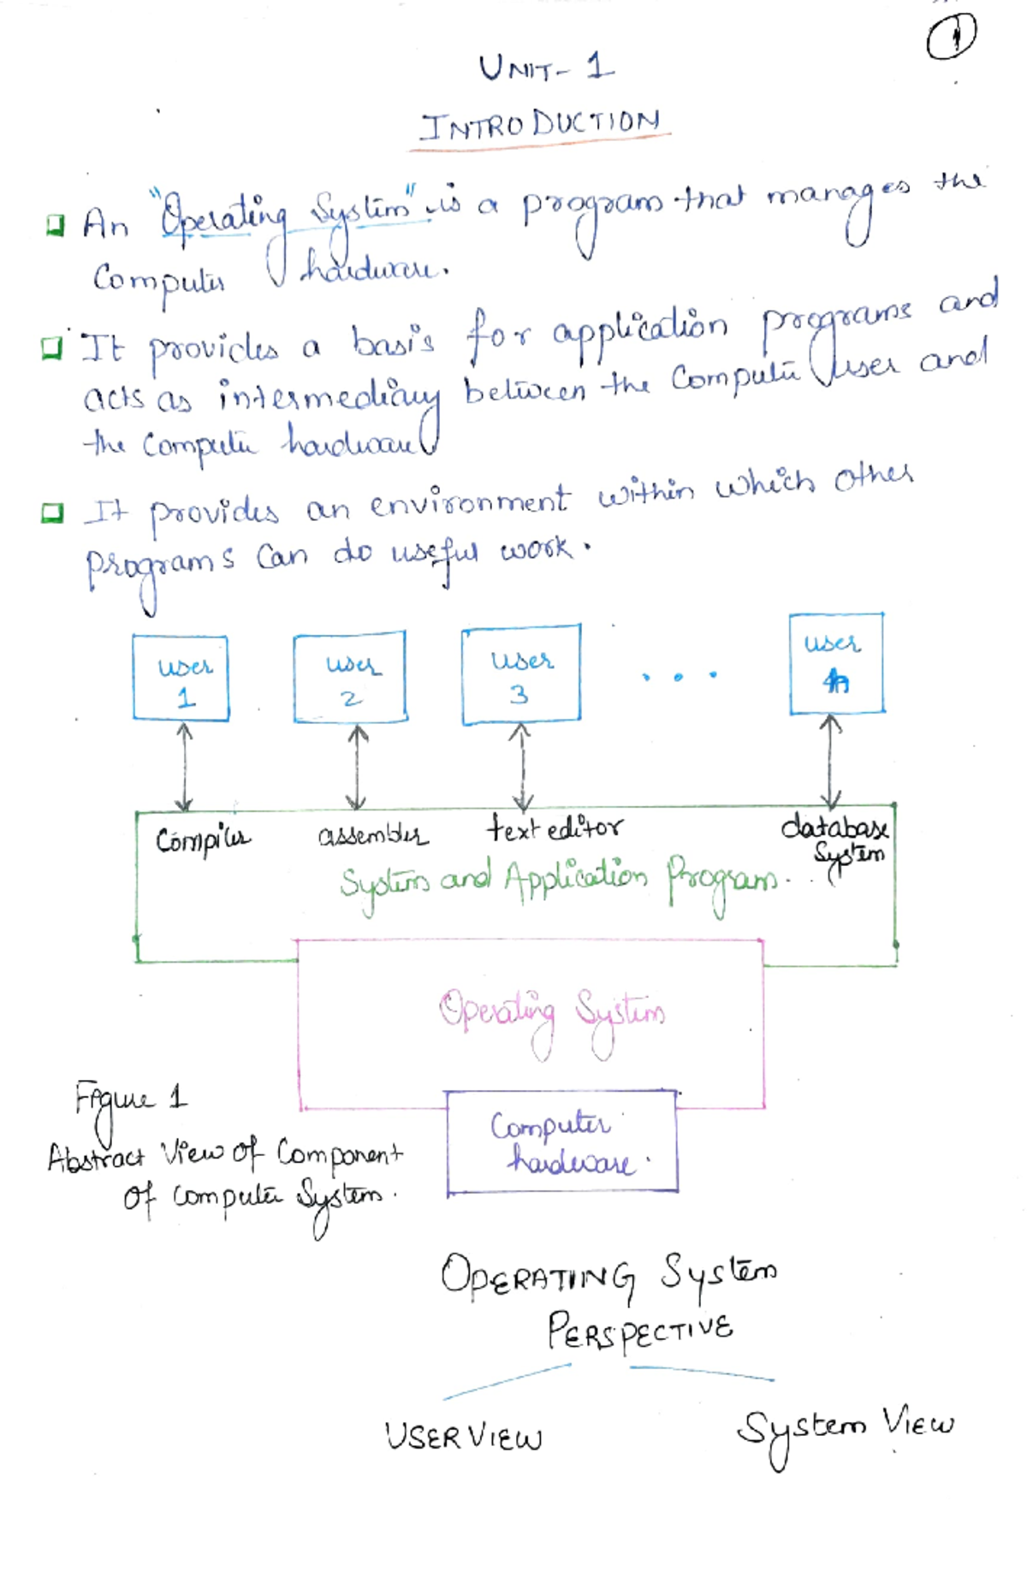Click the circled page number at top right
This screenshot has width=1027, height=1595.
[951, 37]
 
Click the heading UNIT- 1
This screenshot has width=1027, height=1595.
[545, 68]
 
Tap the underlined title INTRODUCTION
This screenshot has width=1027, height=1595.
[540, 125]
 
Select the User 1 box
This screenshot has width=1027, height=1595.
[181, 679]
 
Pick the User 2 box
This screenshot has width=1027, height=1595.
[349, 678]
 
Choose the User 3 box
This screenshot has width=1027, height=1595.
[520, 675]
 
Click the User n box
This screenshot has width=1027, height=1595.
[835, 663]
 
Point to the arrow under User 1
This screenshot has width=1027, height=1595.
[183, 767]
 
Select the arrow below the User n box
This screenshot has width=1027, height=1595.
[829, 761]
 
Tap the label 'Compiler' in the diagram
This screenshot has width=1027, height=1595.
[202, 839]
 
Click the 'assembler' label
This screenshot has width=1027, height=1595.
[371, 834]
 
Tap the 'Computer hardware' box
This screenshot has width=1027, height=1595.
[561, 1142]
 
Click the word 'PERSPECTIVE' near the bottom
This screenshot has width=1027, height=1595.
[640, 1331]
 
